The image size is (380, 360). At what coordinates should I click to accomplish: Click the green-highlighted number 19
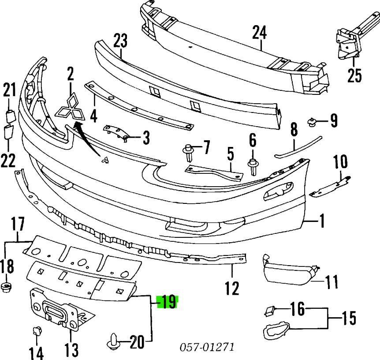tap(167, 302)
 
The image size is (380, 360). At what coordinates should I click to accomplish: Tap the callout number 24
tap(260, 32)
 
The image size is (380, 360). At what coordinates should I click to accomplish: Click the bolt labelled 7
tap(189, 151)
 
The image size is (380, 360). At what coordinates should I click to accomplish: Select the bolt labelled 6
tap(253, 166)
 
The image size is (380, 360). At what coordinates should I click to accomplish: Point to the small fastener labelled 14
tap(37, 331)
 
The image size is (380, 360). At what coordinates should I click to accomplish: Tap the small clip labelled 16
tap(269, 311)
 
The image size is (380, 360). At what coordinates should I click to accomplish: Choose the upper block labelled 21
tap(10, 118)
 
